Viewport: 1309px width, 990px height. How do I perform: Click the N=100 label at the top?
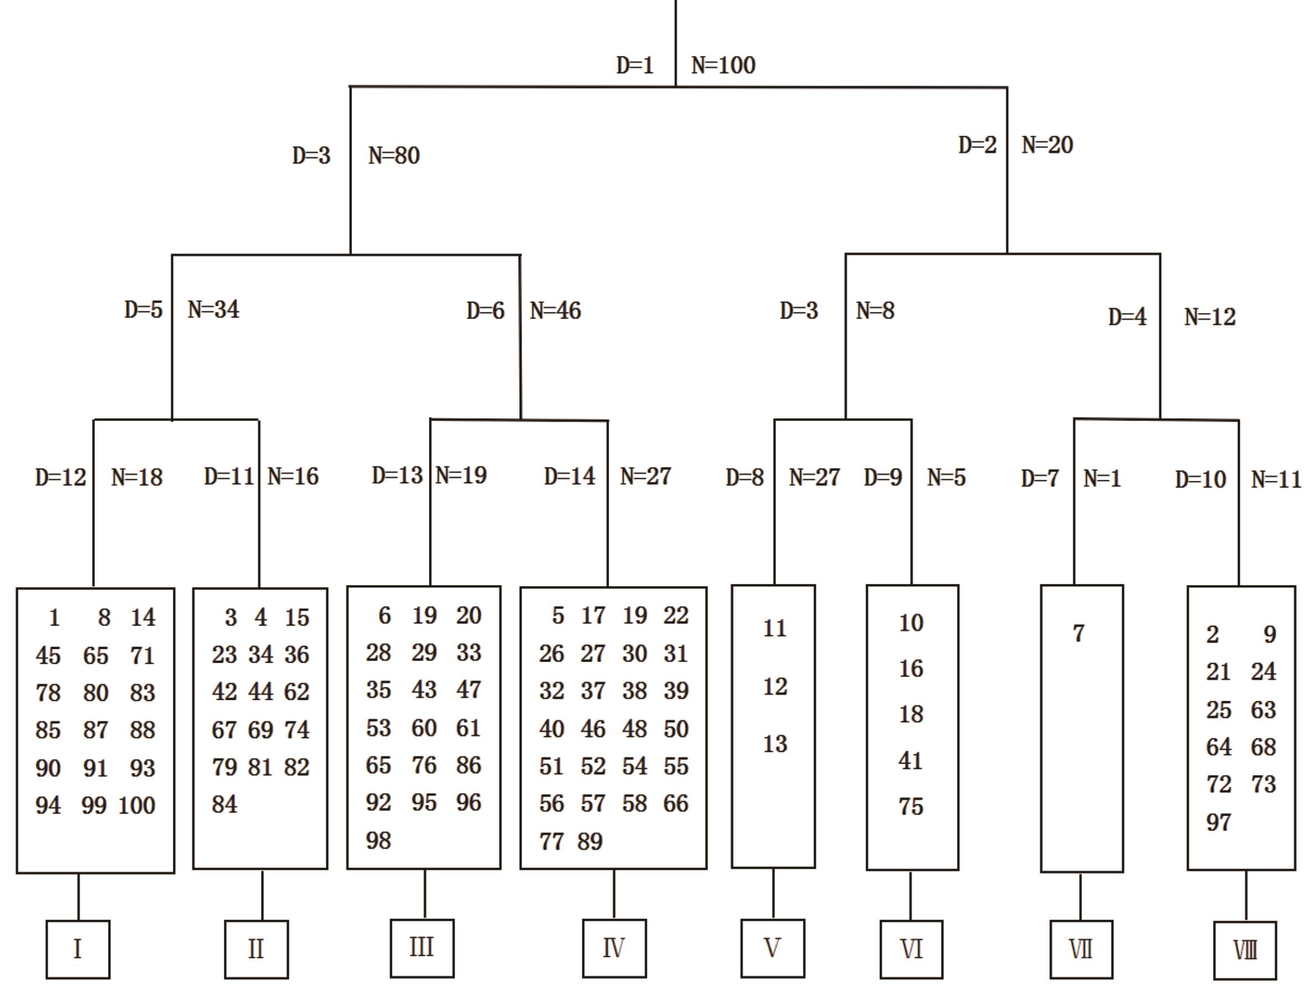[x=723, y=65]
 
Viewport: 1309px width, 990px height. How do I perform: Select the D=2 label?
[x=978, y=145]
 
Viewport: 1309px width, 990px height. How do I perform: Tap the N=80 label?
[x=394, y=156]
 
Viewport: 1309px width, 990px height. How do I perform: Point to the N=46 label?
[x=556, y=310]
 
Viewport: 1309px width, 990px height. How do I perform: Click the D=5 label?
[x=143, y=309]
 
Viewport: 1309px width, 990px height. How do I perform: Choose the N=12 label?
[x=1210, y=317]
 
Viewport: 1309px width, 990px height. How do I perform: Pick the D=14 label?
[x=569, y=476]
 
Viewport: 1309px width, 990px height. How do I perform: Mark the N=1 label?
[x=1102, y=478]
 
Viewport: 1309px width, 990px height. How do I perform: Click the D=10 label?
[x=1201, y=479]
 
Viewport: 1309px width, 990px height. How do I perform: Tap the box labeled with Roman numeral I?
[x=78, y=948]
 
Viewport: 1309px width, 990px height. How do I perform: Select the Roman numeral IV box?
[x=613, y=948]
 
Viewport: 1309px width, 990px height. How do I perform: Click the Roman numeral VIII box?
[x=1245, y=950]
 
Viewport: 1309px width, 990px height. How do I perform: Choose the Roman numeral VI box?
[x=911, y=949]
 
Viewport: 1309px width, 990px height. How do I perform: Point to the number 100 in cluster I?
[x=137, y=806]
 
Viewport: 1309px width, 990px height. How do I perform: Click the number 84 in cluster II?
[x=224, y=804]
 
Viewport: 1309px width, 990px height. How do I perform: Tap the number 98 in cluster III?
[x=378, y=840]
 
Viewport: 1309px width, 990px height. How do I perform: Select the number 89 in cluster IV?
[x=590, y=842]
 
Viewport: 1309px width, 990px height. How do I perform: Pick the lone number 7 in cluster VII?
[x=1079, y=633]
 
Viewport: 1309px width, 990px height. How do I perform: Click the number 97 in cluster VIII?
[x=1219, y=822]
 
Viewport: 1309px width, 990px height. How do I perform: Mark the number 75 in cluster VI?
[x=911, y=806]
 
